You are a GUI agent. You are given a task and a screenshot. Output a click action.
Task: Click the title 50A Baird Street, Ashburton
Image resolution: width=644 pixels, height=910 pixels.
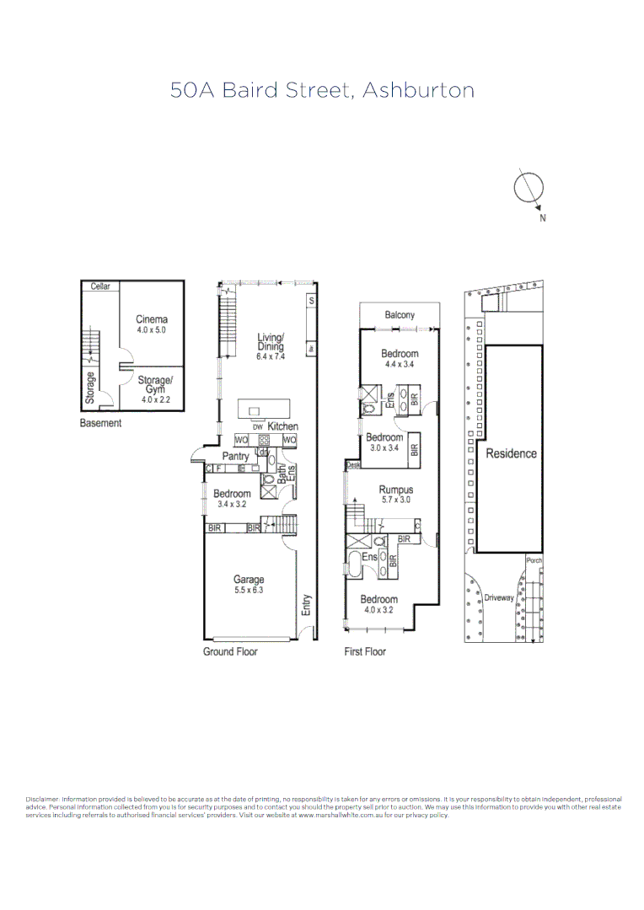pyautogui.click(x=322, y=90)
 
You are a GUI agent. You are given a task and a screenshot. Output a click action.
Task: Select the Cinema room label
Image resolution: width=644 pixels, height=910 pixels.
pyautogui.click(x=152, y=319)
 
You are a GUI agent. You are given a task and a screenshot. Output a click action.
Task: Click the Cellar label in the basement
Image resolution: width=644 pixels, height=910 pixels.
pyautogui.click(x=100, y=286)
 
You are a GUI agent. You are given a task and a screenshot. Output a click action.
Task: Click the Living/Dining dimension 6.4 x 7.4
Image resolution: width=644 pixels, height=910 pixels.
pyautogui.click(x=271, y=356)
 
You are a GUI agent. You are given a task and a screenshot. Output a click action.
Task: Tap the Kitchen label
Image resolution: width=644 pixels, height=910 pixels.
pyautogui.click(x=282, y=427)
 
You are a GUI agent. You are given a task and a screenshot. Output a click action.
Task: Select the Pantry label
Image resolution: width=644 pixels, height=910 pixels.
pyautogui.click(x=235, y=457)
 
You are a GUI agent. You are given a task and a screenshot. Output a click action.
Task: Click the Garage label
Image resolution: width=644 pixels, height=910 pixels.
pyautogui.click(x=249, y=579)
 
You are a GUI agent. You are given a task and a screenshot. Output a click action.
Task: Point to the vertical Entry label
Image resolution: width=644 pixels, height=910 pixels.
pyautogui.click(x=307, y=605)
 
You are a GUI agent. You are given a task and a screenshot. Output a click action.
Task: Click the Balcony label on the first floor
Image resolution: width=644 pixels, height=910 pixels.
pyautogui.click(x=400, y=315)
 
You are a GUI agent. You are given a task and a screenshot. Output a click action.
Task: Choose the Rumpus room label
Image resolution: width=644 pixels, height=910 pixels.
pyautogui.click(x=395, y=490)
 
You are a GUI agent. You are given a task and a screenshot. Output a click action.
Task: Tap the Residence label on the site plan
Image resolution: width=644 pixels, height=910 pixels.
pyautogui.click(x=511, y=453)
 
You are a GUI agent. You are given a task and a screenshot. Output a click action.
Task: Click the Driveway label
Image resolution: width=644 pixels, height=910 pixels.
pyautogui.click(x=499, y=597)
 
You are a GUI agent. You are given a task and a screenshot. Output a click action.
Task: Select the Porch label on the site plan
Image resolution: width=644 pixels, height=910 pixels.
pyautogui.click(x=533, y=560)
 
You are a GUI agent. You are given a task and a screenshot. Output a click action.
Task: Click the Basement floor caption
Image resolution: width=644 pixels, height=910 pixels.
pyautogui.click(x=100, y=423)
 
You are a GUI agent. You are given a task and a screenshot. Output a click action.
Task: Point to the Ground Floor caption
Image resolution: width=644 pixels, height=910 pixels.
pyautogui.click(x=230, y=651)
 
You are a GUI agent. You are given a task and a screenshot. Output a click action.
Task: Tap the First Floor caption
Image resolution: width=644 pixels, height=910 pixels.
pyautogui.click(x=365, y=651)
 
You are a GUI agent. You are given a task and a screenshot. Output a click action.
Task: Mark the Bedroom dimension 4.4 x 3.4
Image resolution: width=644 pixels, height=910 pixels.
pyautogui.click(x=400, y=364)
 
